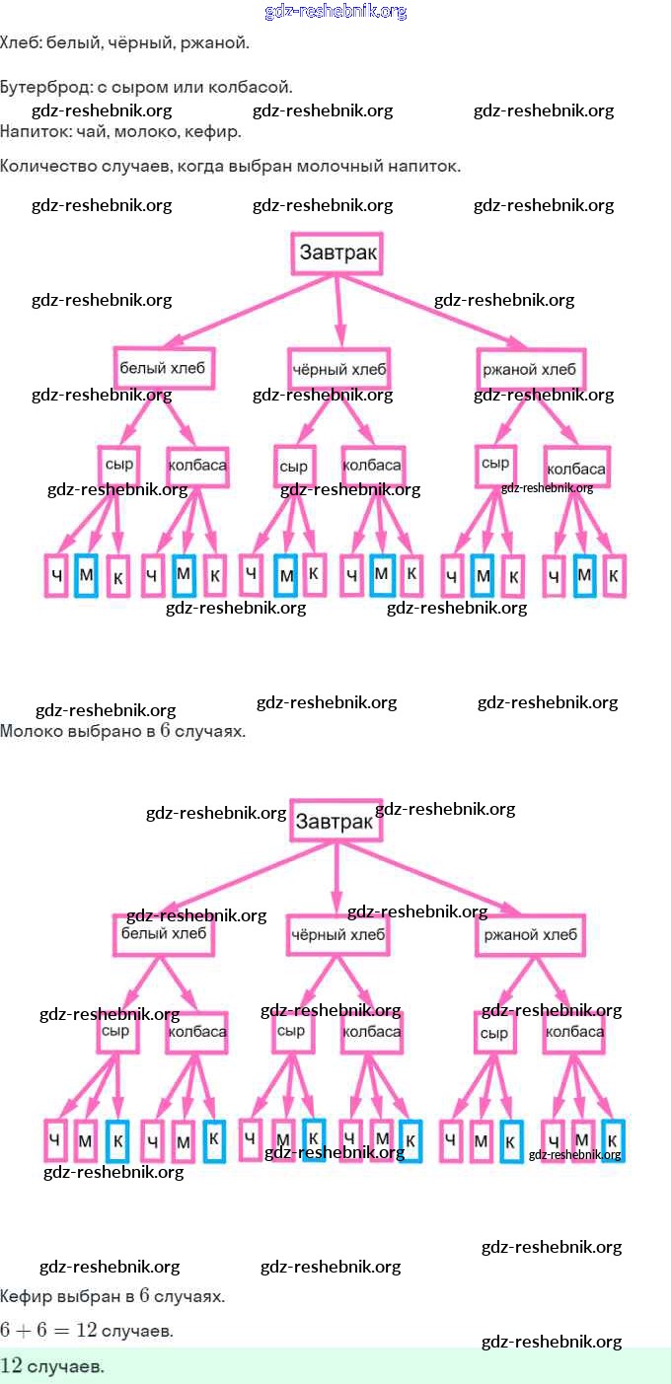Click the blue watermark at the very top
tap(335, 12)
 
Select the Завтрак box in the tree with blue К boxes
tap(335, 821)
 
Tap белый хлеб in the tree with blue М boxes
tap(163, 369)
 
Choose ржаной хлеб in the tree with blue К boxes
tap(531, 934)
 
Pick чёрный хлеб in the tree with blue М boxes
tap(339, 370)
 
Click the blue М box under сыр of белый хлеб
tap(86, 575)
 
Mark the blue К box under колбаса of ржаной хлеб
tap(614, 1140)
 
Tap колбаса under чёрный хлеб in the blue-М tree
tap(372, 465)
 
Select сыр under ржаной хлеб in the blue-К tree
tap(493, 1034)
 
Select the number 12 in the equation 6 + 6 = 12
tap(86, 1330)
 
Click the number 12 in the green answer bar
tap(12, 1366)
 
